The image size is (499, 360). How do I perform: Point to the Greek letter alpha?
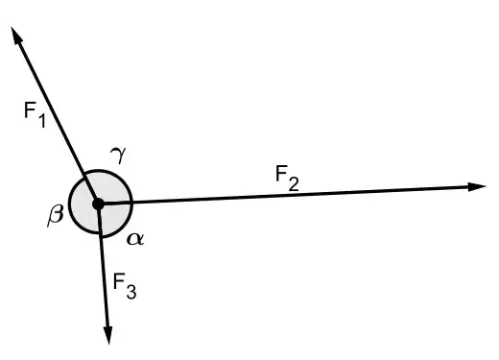coord(135,238)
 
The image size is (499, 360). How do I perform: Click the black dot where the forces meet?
coord(97,204)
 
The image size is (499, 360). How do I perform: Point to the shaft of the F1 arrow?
coord(58,120)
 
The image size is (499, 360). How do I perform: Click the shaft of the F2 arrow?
coord(288,195)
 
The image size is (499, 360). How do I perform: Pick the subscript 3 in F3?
coord(133,291)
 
